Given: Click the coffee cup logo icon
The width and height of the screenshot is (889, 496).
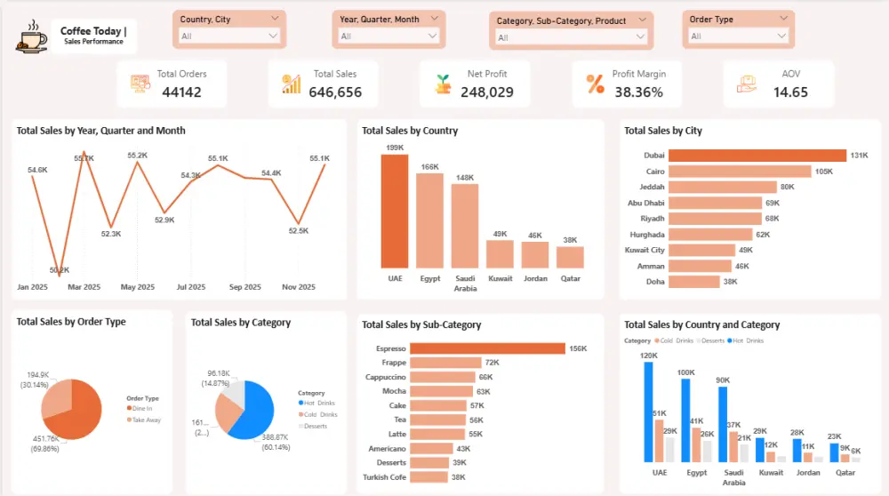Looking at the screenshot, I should coord(31,37).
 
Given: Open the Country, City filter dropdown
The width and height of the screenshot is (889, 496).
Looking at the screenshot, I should coord(229,36).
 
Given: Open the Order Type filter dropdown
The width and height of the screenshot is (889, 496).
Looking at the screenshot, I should coord(739,36).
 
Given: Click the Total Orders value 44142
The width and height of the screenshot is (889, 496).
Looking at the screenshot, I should coord(181,92).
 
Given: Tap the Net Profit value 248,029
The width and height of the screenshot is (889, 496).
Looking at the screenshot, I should coord(487,92).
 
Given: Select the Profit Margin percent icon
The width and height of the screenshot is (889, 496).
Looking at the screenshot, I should coord(595,84).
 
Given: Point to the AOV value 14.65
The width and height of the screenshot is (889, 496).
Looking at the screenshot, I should coord(789,92).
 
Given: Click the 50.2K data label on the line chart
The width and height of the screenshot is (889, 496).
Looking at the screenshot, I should coord(59,270).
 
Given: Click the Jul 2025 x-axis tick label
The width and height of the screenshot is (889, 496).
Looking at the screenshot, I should coord(190,287).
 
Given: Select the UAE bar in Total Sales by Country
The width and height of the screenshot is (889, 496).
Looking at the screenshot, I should coord(395,212).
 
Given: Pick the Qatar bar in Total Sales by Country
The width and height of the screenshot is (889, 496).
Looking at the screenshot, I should coord(570,257).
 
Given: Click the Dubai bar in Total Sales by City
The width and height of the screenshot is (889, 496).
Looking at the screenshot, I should coord(757,156).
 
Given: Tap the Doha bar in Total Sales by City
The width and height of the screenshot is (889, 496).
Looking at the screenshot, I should coord(693,282).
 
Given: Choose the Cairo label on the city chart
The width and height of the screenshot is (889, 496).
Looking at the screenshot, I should coord(653,171).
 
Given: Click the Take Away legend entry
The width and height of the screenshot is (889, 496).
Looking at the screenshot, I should coord(147,420).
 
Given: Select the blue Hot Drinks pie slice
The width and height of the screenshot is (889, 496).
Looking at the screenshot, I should coord(252,411).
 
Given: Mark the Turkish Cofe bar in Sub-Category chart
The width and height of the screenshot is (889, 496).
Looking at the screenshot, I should coord(429,477).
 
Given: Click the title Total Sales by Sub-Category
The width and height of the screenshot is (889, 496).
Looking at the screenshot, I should coord(421,325).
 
